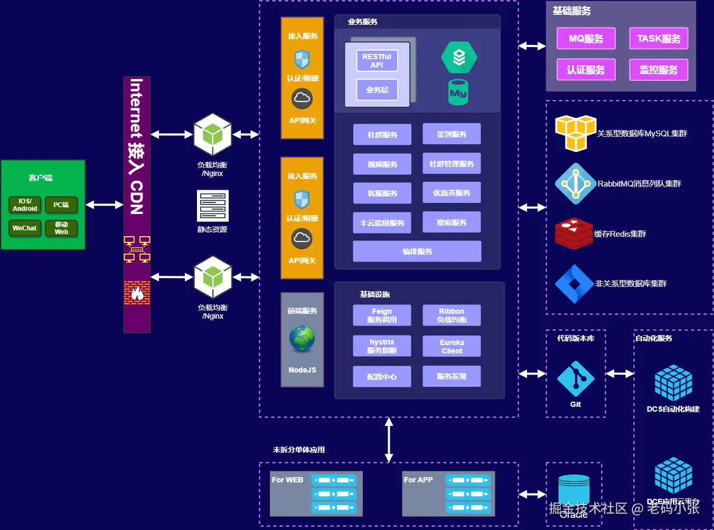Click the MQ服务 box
(x=586, y=39)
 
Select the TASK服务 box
(x=659, y=39)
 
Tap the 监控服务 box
(x=659, y=70)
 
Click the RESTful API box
(x=377, y=61)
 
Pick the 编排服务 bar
(x=417, y=252)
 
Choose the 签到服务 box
(x=452, y=134)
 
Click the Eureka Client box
(x=452, y=347)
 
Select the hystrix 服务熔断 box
(x=382, y=347)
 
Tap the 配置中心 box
(x=382, y=377)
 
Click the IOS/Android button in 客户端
(x=25, y=205)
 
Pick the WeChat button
(x=25, y=228)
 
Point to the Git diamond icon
(x=576, y=379)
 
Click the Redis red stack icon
(x=574, y=234)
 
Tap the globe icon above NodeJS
(x=302, y=339)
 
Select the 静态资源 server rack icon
(x=212, y=206)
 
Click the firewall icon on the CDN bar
(x=137, y=293)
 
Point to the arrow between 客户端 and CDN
(x=105, y=204)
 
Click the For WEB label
(x=288, y=480)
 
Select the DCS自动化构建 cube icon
(x=673, y=382)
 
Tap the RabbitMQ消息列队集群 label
(x=639, y=184)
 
